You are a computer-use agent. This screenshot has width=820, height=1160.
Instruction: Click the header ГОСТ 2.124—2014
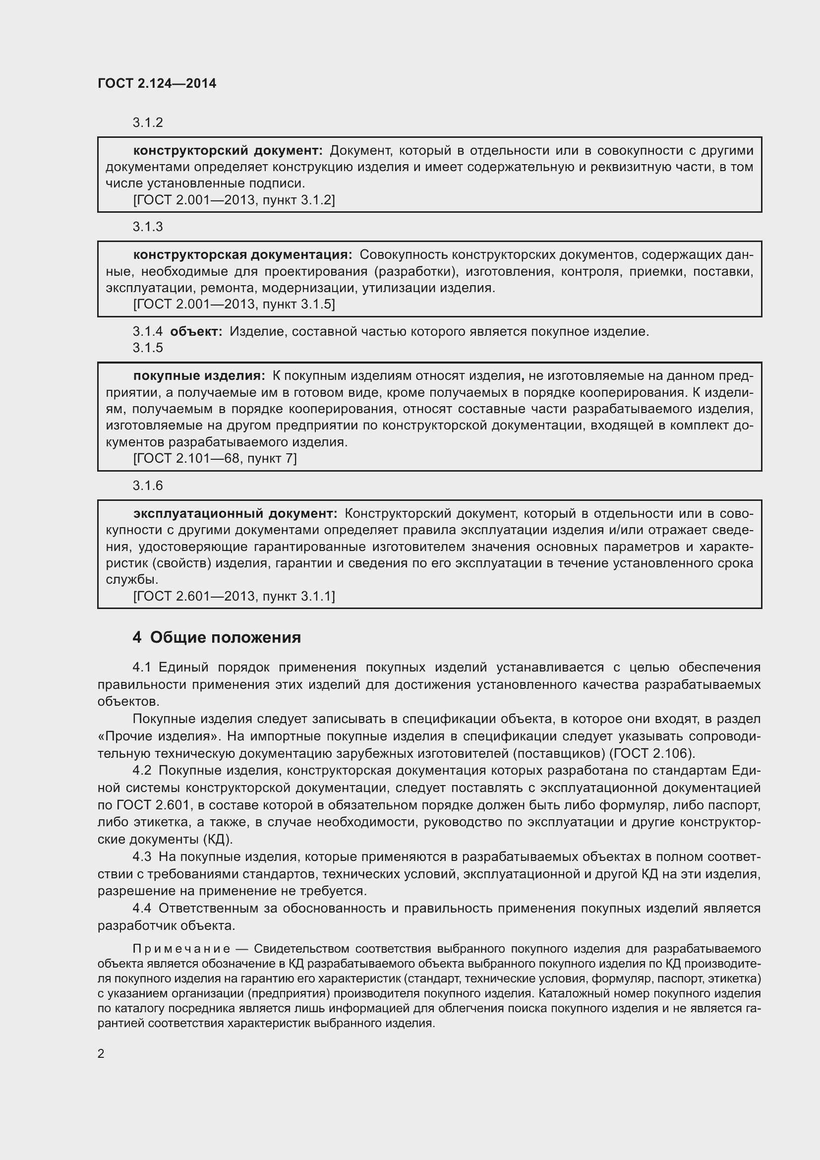click(x=157, y=83)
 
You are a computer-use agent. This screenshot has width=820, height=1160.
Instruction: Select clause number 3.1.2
click(x=147, y=123)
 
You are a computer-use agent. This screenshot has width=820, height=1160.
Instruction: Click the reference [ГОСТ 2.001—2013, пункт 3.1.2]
click(x=234, y=200)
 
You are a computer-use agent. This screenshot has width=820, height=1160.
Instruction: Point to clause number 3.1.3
click(x=147, y=227)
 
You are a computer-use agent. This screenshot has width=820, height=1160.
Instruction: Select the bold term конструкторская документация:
click(x=243, y=254)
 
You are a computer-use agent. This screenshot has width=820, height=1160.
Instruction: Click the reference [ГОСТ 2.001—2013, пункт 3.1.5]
click(x=234, y=304)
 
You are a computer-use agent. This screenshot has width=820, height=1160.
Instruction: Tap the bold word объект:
click(x=196, y=332)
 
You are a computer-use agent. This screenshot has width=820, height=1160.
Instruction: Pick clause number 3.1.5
click(x=147, y=348)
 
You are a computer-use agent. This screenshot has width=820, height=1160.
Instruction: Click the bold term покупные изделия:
click(x=199, y=376)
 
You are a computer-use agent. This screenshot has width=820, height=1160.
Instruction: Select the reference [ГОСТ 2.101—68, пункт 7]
click(x=215, y=459)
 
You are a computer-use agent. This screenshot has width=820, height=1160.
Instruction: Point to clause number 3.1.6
click(x=147, y=486)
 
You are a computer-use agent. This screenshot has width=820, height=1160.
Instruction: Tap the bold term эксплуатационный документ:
click(x=235, y=514)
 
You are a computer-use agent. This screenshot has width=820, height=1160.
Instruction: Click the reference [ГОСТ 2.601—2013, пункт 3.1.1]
click(x=234, y=597)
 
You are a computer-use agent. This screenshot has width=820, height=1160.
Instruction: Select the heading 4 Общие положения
click(x=217, y=638)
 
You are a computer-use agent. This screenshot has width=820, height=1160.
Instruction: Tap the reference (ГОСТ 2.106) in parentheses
click(x=651, y=753)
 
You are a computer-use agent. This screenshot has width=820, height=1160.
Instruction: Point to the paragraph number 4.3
click(x=142, y=857)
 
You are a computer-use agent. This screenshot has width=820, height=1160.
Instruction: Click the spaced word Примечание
click(x=181, y=949)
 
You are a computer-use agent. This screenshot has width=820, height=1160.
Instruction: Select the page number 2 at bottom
click(x=101, y=1054)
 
